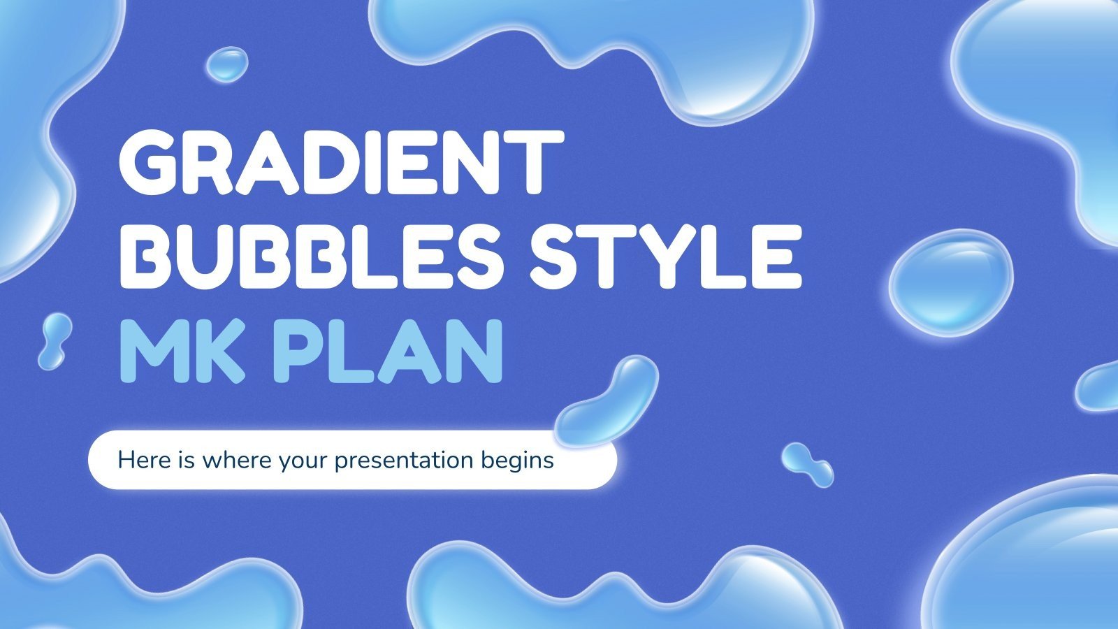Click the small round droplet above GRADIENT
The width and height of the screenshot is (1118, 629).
(x=227, y=64)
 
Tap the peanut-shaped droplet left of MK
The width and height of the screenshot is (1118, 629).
(x=55, y=341)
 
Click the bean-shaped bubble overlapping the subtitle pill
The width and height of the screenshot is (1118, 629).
(x=608, y=402)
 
